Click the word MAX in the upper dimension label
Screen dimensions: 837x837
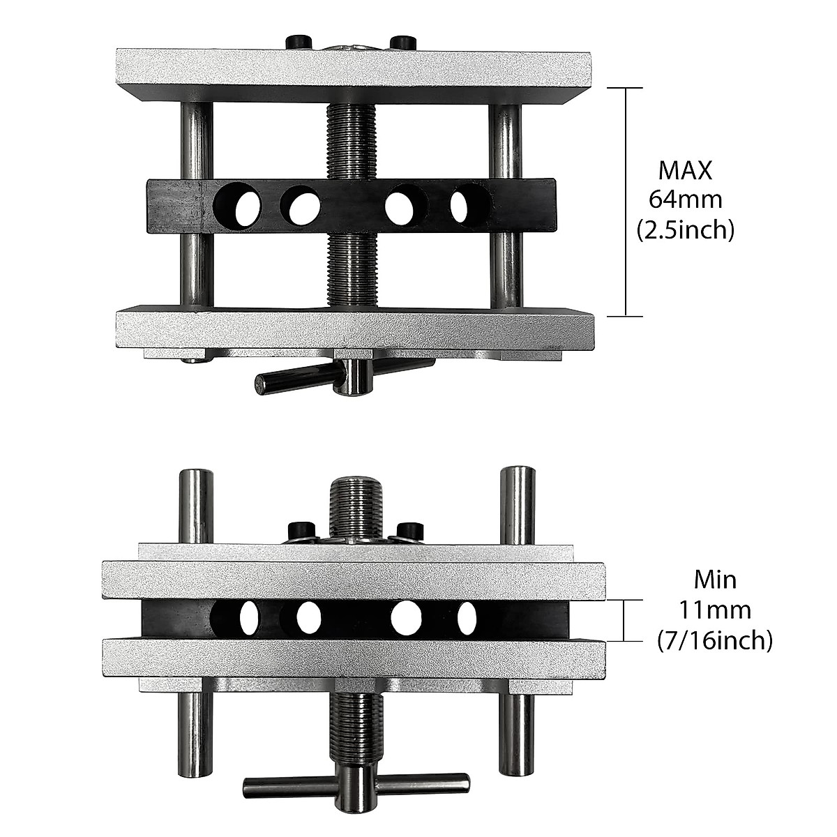(686, 170)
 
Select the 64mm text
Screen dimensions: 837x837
(686, 200)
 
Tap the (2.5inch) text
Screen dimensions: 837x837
(686, 230)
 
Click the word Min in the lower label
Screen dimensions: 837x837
(715, 579)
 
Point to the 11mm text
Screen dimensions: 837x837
(715, 610)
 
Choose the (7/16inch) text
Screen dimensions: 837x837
(715, 640)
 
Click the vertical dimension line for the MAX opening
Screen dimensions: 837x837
(625, 202)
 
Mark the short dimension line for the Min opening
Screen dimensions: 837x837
(625, 620)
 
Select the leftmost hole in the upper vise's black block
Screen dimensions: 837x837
(239, 206)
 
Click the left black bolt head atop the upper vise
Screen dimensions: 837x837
(298, 41)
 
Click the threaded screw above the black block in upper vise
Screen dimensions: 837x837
(352, 139)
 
